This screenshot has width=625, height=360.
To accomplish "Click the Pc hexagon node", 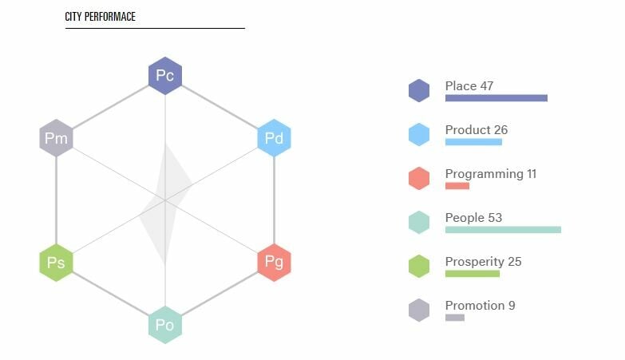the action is pyautogui.click(x=165, y=76).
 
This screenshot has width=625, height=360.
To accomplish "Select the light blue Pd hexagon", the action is pyautogui.click(x=275, y=138).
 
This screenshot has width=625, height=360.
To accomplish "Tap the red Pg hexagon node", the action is pyautogui.click(x=275, y=263).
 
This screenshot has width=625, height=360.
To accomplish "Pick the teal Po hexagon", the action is pyautogui.click(x=165, y=325).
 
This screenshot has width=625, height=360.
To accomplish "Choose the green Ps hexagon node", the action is pyautogui.click(x=56, y=263).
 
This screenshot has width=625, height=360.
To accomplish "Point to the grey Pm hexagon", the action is pyautogui.click(x=56, y=138).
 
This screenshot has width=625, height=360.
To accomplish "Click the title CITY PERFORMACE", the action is pyautogui.click(x=100, y=17).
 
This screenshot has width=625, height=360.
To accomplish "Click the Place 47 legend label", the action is pyautogui.click(x=469, y=85).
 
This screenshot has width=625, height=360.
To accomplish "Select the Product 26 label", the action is pyautogui.click(x=477, y=129).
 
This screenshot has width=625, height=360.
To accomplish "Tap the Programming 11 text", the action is pyautogui.click(x=491, y=174).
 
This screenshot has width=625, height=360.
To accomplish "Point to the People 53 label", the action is pyautogui.click(x=473, y=218).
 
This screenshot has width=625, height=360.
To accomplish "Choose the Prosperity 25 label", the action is pyautogui.click(x=483, y=262).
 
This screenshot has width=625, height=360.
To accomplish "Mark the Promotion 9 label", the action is pyautogui.click(x=480, y=306).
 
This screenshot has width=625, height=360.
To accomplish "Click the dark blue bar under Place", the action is pyautogui.click(x=496, y=98).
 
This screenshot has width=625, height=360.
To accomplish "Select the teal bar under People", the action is pyautogui.click(x=503, y=230).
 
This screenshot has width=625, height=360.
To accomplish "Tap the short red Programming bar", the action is pyautogui.click(x=457, y=186).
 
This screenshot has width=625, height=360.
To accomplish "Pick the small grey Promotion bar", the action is pyautogui.click(x=455, y=318).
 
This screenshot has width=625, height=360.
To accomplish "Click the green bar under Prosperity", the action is pyautogui.click(x=473, y=274).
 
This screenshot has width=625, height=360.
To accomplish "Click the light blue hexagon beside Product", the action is pyautogui.click(x=419, y=134).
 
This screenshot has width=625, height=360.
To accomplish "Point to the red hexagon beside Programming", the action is pyautogui.click(x=419, y=178).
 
